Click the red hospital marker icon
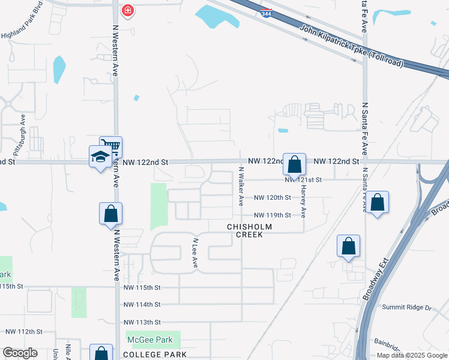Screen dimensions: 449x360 tap(127, 10)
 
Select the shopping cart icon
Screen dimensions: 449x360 tap(110, 146)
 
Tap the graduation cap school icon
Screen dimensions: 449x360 tap(100, 157)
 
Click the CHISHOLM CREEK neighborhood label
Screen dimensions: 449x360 tap(249, 231)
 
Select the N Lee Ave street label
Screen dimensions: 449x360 tap(194, 253)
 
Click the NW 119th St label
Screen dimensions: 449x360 tap(273, 215)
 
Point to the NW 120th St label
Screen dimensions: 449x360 tap(273, 197)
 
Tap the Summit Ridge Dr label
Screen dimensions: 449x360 tap(407, 307)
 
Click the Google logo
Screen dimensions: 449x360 tap(20, 353)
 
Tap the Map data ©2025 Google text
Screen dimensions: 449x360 tap(411, 355)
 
